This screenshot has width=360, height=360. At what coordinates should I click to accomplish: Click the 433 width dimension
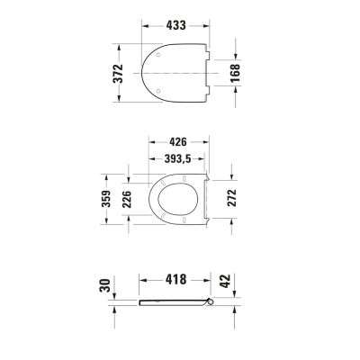(175, 25)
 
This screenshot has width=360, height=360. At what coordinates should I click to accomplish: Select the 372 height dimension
(118, 74)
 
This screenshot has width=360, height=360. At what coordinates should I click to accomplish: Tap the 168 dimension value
(235, 73)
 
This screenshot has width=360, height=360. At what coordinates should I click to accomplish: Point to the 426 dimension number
(177, 141)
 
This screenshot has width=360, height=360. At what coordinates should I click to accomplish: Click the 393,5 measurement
(177, 158)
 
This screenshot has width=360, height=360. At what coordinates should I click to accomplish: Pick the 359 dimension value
(106, 199)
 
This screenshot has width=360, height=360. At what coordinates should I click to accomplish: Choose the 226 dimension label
(127, 199)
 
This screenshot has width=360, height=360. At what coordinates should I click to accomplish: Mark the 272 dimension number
(231, 198)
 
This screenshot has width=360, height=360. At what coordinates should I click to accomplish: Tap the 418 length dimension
(175, 280)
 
